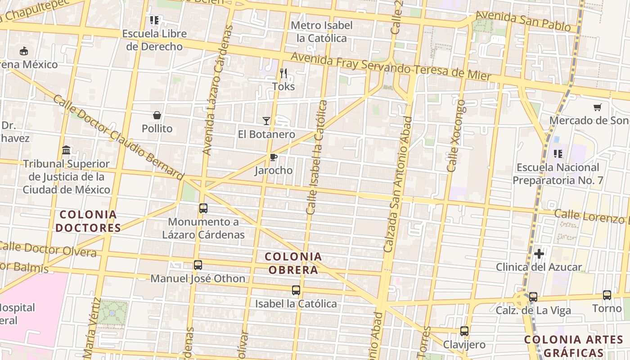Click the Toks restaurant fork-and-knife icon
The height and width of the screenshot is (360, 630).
(283, 72)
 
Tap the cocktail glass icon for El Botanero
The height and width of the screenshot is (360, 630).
(266, 121)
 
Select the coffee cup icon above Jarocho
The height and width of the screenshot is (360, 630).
(273, 157)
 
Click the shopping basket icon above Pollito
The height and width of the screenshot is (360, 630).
(157, 115)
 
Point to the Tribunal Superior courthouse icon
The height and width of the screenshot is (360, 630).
(66, 150)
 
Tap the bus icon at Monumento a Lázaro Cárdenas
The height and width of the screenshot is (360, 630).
(203, 208)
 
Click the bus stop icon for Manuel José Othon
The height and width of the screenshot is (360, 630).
(198, 265)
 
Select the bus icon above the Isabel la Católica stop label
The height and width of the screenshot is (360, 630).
(296, 290)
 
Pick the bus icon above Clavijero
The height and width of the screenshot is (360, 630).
(464, 331)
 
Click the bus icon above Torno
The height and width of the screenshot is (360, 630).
(607, 295)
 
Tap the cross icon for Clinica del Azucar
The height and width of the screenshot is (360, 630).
(539, 254)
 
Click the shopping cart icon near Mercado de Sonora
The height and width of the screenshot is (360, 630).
(597, 107)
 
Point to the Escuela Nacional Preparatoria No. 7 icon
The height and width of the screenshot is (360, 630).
(558, 154)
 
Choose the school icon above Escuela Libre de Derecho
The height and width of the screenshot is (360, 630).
(154, 20)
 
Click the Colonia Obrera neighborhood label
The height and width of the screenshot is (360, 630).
(293, 263)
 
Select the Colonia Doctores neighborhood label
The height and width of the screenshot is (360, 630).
(88, 221)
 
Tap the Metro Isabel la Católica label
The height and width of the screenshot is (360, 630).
(322, 31)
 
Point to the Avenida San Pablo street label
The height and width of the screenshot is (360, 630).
(523, 21)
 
